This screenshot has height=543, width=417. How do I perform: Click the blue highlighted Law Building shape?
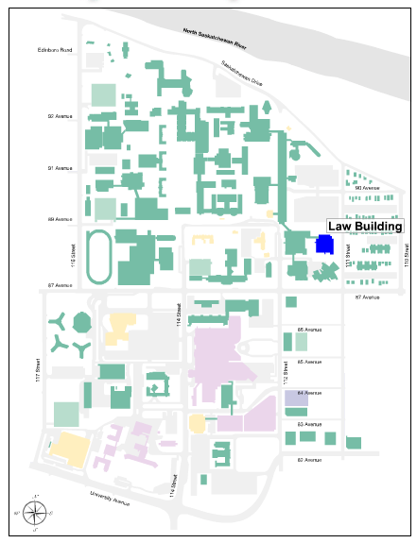click(x=324, y=245)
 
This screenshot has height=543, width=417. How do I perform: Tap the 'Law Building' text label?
click(x=365, y=227)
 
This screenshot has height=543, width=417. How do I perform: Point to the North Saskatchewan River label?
click(x=220, y=36)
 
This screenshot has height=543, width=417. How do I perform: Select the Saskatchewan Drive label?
click(x=242, y=73)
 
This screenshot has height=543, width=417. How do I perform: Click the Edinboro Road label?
click(x=55, y=49)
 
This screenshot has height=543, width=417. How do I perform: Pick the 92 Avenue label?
click(x=61, y=116)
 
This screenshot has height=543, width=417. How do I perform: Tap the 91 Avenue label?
click(x=61, y=168)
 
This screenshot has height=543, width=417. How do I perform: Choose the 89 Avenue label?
click(x=61, y=219)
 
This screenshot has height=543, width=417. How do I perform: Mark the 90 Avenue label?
click(x=366, y=187)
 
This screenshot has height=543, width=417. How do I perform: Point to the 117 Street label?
click(x=39, y=364)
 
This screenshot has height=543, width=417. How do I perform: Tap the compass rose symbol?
click(x=35, y=514)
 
